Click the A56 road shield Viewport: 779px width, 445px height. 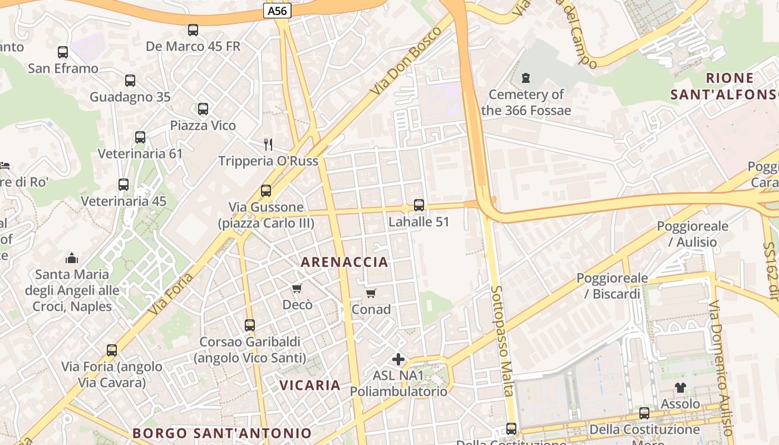[x=277, y=11]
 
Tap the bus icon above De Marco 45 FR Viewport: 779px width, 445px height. [x=193, y=30]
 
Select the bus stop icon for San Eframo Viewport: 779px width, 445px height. [x=63, y=52]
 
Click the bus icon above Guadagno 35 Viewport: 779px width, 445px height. [x=130, y=81]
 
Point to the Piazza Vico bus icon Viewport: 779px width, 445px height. [x=203, y=109]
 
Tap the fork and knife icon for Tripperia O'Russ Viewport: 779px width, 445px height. [x=268, y=145]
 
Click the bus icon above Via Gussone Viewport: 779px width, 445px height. [x=266, y=191]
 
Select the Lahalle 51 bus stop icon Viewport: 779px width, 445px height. [x=419, y=205]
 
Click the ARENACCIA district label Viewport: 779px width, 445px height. [x=344, y=262]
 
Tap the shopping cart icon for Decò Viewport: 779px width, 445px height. [x=297, y=288]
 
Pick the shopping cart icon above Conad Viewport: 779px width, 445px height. [x=371, y=293]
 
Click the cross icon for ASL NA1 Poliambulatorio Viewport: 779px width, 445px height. [x=398, y=359]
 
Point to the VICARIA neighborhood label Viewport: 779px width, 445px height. [x=310, y=385]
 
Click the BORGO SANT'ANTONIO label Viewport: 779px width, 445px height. [x=222, y=433]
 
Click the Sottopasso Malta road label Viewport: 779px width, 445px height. [x=503, y=341]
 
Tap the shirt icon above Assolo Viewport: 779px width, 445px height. [x=680, y=387]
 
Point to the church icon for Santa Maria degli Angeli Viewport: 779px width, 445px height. [x=72, y=258]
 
